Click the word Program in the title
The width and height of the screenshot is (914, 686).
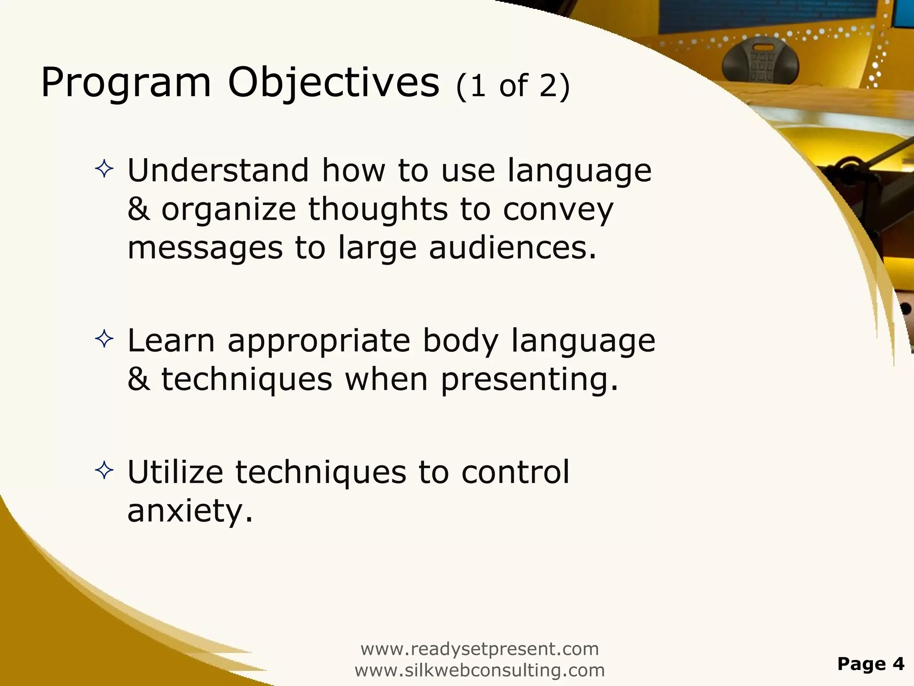(125, 84)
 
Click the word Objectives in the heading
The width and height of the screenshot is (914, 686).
(333, 84)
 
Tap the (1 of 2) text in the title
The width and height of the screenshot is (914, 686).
(513, 86)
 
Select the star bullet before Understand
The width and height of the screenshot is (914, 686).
(104, 169)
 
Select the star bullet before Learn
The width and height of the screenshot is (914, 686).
(104, 339)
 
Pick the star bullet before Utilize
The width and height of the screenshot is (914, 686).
(104, 471)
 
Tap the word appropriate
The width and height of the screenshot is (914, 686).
(319, 341)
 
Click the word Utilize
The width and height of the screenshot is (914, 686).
(175, 472)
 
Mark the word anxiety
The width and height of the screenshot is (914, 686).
(190, 511)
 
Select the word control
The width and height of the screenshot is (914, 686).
(515, 472)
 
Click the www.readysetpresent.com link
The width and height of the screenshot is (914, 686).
(479, 649)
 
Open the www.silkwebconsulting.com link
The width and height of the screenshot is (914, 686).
(479, 670)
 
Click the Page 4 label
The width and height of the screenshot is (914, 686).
(871, 664)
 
